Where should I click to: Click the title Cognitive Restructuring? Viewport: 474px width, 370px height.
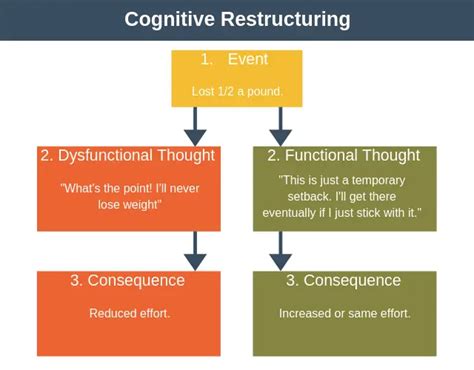(237, 19)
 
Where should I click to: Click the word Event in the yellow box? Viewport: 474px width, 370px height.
(249, 60)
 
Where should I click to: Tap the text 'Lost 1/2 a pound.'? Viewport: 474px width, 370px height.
(237, 91)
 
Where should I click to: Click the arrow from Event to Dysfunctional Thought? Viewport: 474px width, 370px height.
(196, 126)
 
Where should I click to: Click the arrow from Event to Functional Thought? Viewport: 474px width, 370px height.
(281, 126)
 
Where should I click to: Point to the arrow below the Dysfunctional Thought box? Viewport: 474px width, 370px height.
(196, 250)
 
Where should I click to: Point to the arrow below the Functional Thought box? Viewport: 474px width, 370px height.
(281, 250)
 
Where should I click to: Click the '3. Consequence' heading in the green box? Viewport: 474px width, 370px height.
(345, 281)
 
